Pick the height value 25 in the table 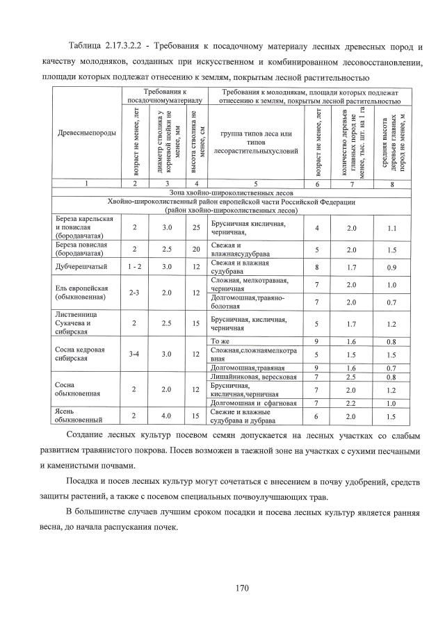(x=197, y=228)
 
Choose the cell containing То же (x=220, y=341)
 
